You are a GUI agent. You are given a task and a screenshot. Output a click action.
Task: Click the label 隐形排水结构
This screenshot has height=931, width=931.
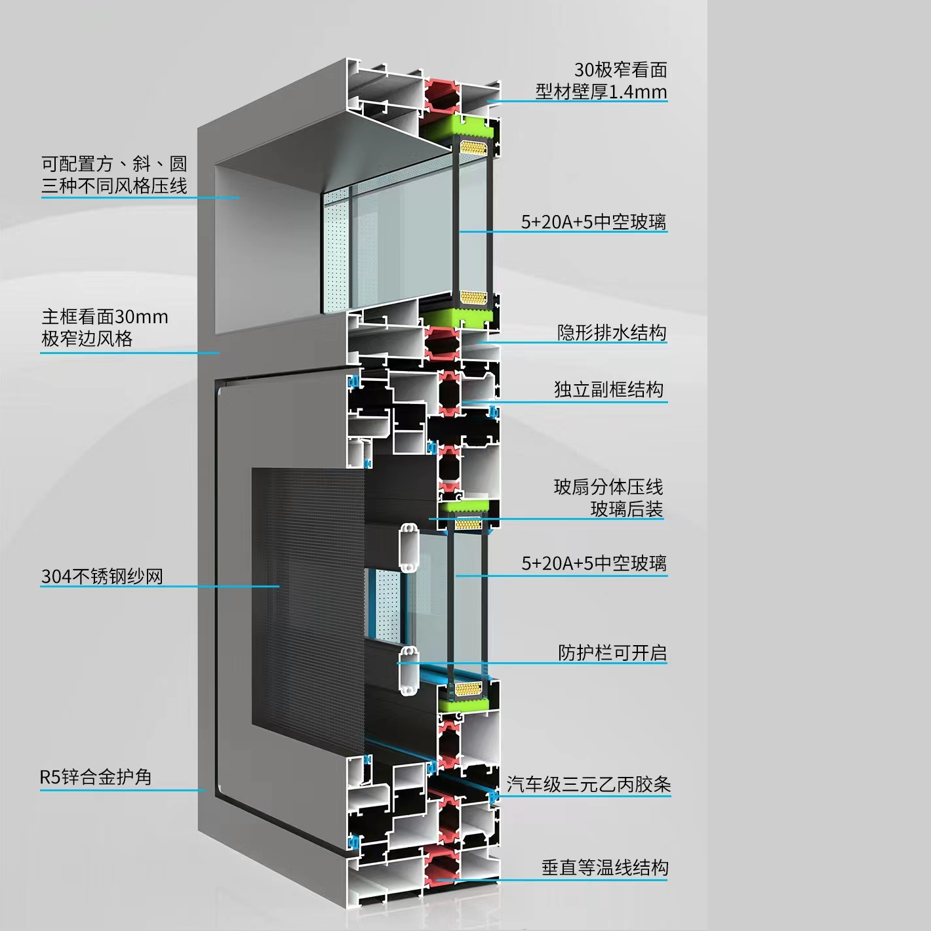612,332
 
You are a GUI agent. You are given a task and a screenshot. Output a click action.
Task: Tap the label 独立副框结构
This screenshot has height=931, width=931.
608,389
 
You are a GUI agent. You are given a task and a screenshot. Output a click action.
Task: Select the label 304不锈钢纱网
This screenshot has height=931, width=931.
102,576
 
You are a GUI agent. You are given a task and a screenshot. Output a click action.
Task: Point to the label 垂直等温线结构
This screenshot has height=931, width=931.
605,867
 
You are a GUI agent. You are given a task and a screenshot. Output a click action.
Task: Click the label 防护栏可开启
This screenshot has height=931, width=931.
612,653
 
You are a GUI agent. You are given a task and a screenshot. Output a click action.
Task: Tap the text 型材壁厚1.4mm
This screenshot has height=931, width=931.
601,91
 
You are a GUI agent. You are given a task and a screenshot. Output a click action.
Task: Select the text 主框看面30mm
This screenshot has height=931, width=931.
105,317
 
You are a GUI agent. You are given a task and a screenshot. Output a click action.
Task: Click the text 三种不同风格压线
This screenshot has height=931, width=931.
114,186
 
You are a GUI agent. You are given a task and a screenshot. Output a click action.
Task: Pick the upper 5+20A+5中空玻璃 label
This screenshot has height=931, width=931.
594,222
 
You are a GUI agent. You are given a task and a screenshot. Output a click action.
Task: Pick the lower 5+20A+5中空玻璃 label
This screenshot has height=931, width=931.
594,563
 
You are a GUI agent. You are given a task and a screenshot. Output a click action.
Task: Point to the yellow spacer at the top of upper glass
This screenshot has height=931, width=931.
473,148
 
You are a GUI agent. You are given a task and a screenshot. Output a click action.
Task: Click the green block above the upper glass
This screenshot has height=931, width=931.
459,128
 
